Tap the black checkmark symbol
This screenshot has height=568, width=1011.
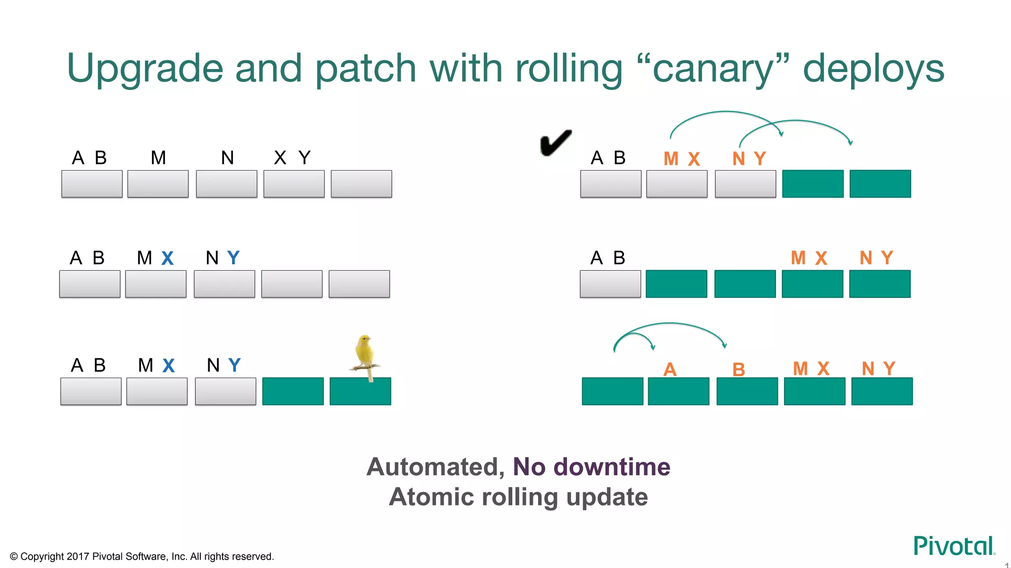click(555, 143)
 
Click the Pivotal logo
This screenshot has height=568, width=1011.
click(954, 546)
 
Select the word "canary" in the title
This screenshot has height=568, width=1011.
click(713, 69)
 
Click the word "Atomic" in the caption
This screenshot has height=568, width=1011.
click(431, 497)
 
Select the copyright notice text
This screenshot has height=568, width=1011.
click(142, 557)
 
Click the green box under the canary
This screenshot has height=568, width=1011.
click(360, 391)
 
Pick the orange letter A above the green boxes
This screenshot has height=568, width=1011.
click(670, 369)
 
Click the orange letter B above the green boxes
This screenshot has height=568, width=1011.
click(739, 370)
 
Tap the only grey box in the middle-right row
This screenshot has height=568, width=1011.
click(610, 284)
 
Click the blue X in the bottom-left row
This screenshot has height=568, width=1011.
click(169, 366)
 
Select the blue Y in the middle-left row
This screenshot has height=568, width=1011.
click(233, 258)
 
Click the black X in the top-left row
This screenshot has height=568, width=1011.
click(280, 158)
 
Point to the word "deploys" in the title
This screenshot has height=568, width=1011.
click(873, 69)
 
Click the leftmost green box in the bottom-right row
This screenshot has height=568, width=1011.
click(612, 391)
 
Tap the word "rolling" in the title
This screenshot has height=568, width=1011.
click(569, 69)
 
